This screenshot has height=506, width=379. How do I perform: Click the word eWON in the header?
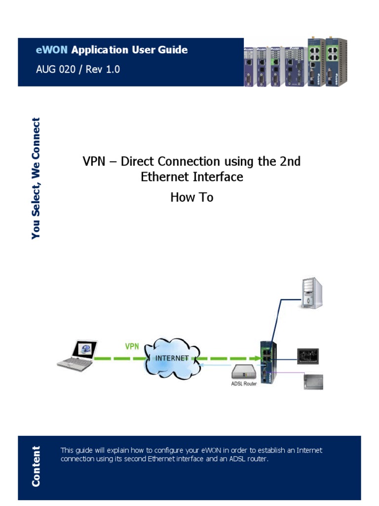53,50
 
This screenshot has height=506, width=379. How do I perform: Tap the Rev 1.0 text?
103,69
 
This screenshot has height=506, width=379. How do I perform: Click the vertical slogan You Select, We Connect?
36,178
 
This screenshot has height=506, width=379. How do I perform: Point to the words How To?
191,197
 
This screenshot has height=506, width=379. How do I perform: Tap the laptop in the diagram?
77,355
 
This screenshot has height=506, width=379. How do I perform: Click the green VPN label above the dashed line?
132,346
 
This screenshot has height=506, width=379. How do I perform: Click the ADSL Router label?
244,383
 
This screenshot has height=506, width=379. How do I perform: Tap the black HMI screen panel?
308,356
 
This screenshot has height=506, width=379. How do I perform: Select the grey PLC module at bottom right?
312,382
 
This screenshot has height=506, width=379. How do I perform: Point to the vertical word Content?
36,466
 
